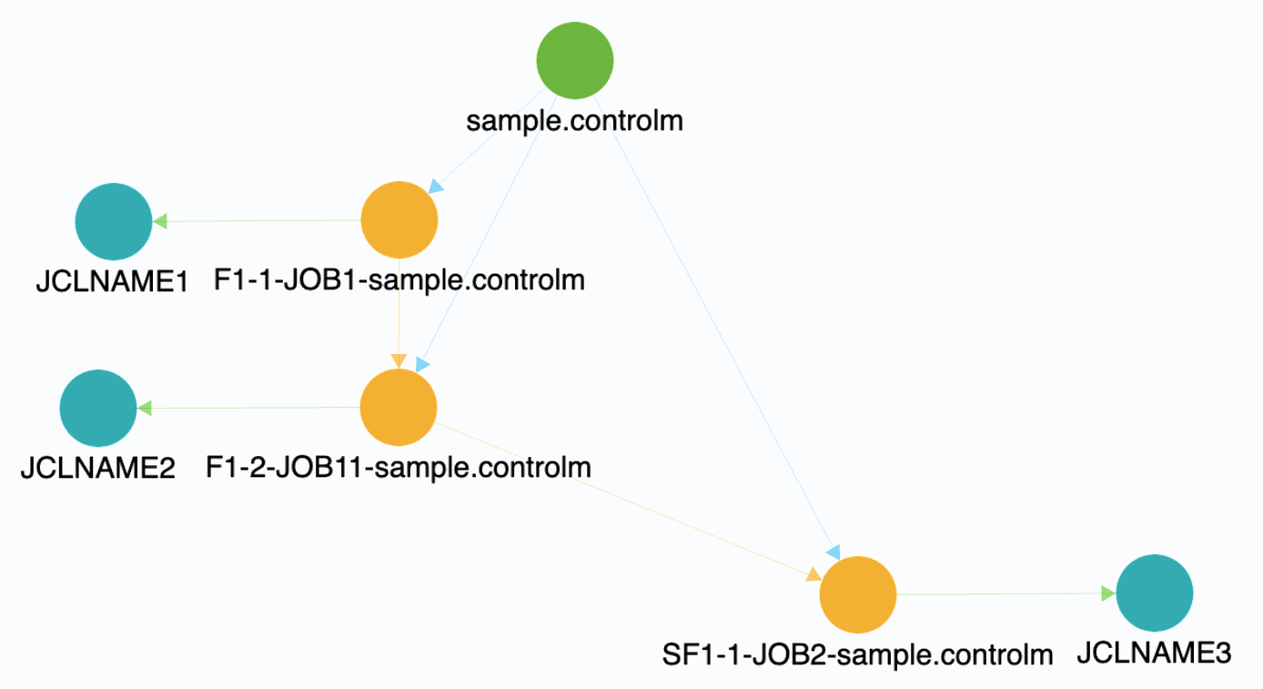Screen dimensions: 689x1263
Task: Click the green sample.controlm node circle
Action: [x=575, y=60]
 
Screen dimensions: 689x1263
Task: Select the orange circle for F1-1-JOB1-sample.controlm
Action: [x=399, y=220]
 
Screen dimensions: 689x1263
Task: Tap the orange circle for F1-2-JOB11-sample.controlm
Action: [x=399, y=407]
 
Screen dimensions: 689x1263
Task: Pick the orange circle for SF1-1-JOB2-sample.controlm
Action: [x=858, y=594]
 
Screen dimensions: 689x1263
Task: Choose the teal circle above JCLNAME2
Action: [x=98, y=409]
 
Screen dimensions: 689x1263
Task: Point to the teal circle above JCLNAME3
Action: [x=1154, y=593]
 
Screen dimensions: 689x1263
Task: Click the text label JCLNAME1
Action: [x=112, y=282]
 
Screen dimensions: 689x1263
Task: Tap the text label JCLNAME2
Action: [x=97, y=469]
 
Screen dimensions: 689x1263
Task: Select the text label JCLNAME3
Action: [x=1154, y=653]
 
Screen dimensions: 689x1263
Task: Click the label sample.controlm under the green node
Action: [x=574, y=120]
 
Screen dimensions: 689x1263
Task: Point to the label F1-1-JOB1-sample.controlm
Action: [x=399, y=279]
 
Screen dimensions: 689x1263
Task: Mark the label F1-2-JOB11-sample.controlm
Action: [x=399, y=467]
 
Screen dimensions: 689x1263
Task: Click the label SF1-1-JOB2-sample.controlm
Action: [x=857, y=654]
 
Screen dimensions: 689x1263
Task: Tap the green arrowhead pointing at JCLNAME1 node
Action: [x=160, y=221]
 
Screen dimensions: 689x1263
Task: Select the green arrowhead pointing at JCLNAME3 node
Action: [x=1106, y=593]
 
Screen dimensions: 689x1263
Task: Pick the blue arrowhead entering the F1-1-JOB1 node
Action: [x=436, y=187]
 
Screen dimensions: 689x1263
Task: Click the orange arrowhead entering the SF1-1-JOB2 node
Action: [x=813, y=574]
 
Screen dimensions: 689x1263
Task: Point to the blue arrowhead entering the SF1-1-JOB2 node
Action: [x=833, y=552]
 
